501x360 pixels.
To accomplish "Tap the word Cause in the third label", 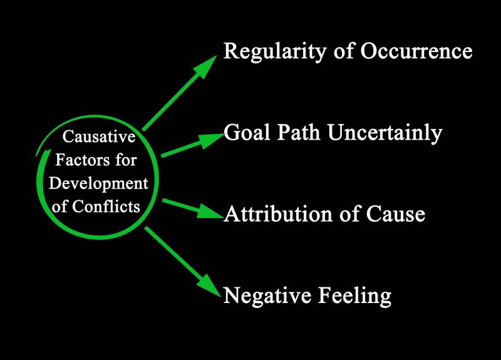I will click(396, 214).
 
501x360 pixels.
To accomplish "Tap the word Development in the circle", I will click(99, 184).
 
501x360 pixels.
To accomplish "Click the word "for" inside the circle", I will click(125, 161).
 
